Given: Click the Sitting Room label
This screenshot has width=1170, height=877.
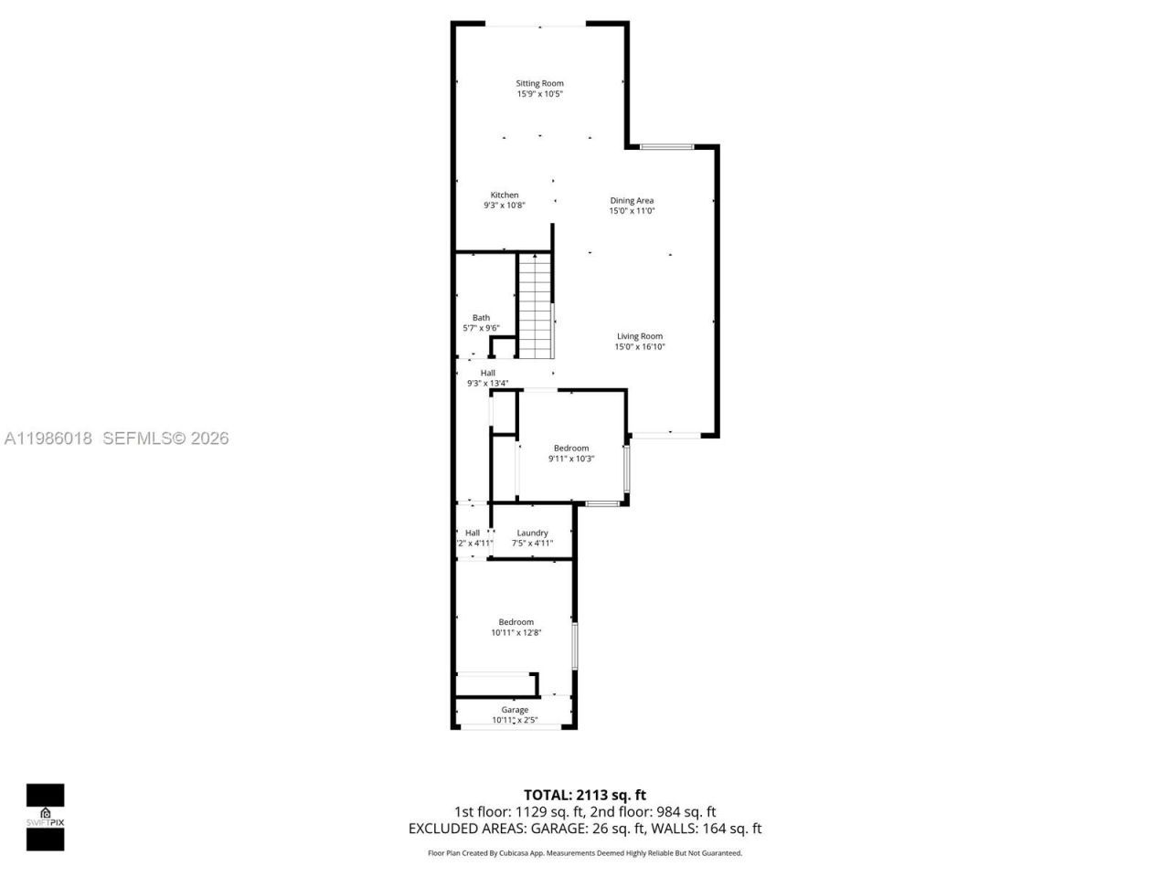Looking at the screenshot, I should point(539,83).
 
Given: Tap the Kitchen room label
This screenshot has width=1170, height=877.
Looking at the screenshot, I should point(505,195).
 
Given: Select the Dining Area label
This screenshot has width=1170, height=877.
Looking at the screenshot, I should point(632,200).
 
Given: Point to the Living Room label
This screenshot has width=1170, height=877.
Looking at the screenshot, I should point(639,336).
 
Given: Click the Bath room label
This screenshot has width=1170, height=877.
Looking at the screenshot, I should point(481,318).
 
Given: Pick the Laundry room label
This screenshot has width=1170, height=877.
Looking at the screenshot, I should point(532,533).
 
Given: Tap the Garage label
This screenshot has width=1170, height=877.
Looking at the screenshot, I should point(515,710).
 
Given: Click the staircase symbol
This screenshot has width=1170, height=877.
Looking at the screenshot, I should point(536,306).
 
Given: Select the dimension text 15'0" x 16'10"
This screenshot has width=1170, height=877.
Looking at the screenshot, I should point(639,347).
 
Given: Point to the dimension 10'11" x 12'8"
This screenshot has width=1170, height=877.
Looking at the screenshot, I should point(516,632).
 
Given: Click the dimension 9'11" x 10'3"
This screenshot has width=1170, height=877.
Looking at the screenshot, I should point(571,459).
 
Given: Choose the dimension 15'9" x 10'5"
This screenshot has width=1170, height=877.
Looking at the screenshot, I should point(539,93).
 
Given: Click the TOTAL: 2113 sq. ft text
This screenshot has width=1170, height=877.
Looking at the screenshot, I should point(584,795).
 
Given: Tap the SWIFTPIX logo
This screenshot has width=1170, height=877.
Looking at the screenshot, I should point(45,817).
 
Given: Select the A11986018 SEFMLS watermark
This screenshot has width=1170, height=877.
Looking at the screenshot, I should point(116,438).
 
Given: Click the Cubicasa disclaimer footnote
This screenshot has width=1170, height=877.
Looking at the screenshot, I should point(585,853).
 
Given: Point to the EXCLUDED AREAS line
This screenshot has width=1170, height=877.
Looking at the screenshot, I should point(584,829).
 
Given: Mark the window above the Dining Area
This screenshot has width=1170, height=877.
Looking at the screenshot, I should point(665,146).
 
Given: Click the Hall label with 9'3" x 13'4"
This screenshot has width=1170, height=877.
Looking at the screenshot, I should point(487,373).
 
